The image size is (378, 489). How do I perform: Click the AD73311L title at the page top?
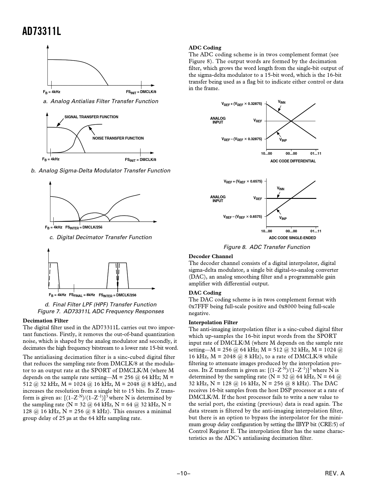click(42, 31)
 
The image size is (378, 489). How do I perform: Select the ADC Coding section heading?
click(205, 48)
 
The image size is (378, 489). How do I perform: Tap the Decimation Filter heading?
click(45, 321)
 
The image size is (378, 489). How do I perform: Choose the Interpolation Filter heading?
click(213, 322)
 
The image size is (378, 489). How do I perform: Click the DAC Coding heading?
click(205, 293)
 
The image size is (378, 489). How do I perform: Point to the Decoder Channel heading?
click(211, 256)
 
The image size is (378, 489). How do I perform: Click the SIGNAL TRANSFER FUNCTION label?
click(91, 117)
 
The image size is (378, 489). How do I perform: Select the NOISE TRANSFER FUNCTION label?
click(118, 138)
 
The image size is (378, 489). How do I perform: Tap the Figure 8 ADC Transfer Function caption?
click(267, 247)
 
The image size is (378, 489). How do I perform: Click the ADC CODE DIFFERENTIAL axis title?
click(293, 161)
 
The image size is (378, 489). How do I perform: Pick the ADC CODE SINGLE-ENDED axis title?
click(292, 238)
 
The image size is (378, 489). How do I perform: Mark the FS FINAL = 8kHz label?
click(82, 295)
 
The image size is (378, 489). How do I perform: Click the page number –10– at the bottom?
click(184, 474)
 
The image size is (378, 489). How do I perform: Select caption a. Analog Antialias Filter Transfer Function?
click(101, 101)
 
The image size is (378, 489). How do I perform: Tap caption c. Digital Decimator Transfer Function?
click(101, 237)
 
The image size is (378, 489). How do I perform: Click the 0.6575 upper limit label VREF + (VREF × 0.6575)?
click(243, 181)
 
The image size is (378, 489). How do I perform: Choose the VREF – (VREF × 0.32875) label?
click(242, 139)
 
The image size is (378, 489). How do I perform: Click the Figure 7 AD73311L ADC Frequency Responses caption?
click(101, 311)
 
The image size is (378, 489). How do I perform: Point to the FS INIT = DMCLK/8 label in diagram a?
click(141, 92)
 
